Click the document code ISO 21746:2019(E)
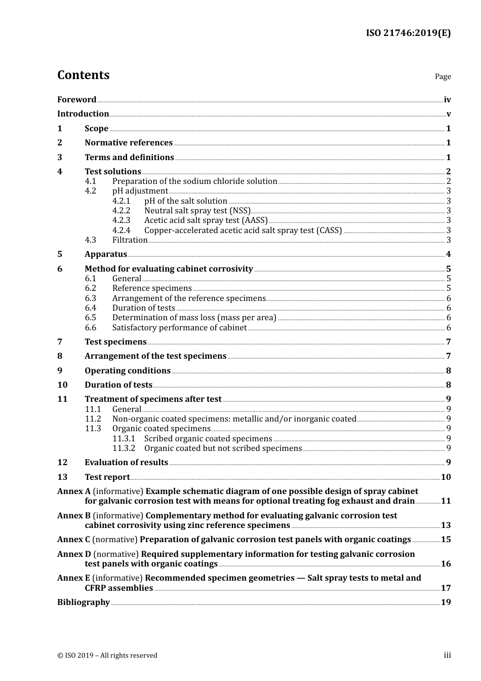pos(408,33)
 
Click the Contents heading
pos(83,75)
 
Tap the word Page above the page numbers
pos(443,77)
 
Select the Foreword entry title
pos(76,99)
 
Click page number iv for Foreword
pos(447,100)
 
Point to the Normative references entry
pos(129,143)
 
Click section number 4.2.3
pos(121,220)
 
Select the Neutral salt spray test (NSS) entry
pos(197,211)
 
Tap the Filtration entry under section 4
pos(130,240)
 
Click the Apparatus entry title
pos(106,254)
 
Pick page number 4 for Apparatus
pos(448,254)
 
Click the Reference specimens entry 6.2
pos(152,288)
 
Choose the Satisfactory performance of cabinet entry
pos(179,328)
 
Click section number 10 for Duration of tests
pos(62,385)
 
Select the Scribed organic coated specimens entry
pos(208,439)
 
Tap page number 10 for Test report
pos(446,477)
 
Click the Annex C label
pos(73,540)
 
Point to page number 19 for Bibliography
pos(446,602)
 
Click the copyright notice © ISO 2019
pos(107,655)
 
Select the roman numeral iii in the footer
pos(447,655)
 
